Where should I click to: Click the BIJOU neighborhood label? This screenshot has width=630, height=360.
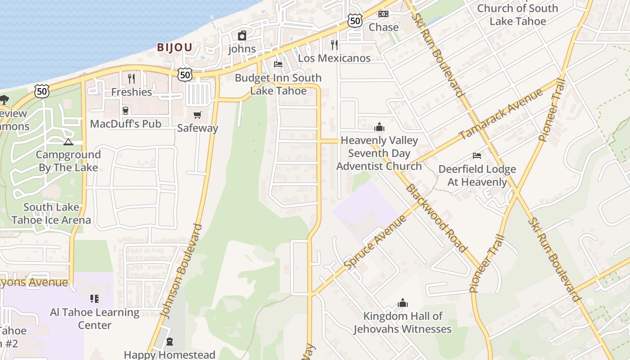coord(175,47)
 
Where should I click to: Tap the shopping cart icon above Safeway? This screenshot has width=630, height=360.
coord(198,115)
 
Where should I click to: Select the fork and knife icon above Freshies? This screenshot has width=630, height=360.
coord(131,79)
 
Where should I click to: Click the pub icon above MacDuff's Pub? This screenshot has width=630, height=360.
coord(126,111)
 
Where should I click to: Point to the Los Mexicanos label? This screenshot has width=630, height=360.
coord(334,58)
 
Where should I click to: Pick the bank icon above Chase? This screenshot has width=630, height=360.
coord(383,14)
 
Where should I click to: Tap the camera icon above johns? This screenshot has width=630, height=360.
coord(242,36)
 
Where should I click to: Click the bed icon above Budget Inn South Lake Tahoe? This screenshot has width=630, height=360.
coord(278,64)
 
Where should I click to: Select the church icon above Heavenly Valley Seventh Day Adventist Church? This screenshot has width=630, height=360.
coord(379,127)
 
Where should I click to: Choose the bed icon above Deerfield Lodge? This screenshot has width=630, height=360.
coord(477,156)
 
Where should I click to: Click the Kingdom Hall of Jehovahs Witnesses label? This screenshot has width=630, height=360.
coord(402,323)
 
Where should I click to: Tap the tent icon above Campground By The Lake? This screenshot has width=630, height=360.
coord(68,142)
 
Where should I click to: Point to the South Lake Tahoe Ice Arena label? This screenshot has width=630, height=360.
coord(51,214)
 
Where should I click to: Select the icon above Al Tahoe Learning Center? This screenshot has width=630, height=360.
coord(94,298)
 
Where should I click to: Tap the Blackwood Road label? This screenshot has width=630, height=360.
coord(436,218)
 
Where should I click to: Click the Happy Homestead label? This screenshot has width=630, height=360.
coord(170,355)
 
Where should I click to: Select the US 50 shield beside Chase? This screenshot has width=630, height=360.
coord(355,20)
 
